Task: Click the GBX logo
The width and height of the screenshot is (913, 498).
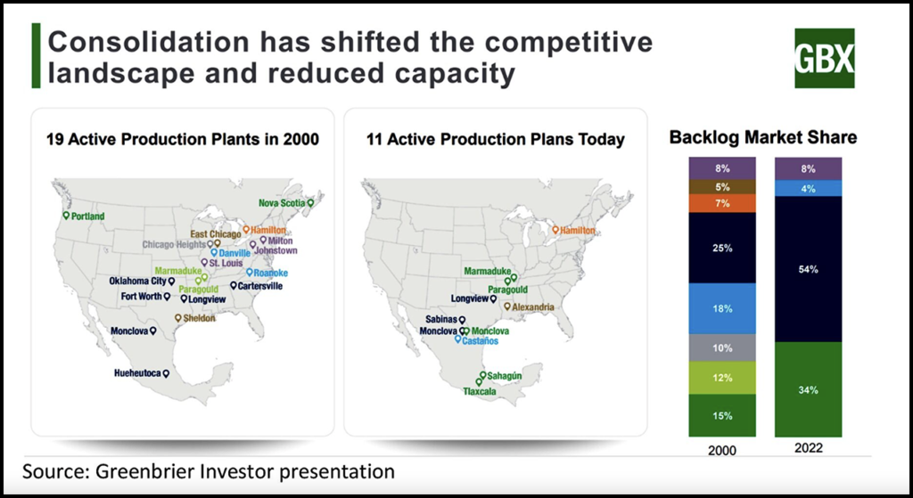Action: (x=824, y=58)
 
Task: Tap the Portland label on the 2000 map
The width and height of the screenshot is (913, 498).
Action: (x=87, y=216)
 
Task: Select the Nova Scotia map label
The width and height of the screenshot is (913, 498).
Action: (x=282, y=202)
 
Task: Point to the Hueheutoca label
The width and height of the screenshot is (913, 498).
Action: (x=137, y=372)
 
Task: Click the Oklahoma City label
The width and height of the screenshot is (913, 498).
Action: (x=137, y=282)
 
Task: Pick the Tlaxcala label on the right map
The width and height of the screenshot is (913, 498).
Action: (x=480, y=391)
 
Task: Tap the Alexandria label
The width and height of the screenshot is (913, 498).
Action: (x=534, y=307)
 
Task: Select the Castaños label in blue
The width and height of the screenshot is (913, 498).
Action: (x=481, y=340)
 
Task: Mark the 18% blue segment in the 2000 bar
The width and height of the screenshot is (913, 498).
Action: (x=722, y=308)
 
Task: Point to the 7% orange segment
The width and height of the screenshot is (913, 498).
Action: (x=722, y=204)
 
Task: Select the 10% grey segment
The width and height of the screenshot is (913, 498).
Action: (x=722, y=347)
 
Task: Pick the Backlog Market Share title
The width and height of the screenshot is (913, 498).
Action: (x=763, y=137)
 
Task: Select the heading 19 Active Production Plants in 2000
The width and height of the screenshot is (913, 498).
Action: (x=183, y=139)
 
